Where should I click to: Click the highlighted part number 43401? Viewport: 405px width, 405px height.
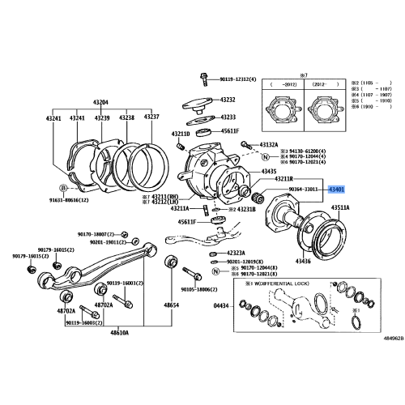(336, 190)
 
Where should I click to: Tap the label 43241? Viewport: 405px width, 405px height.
(53, 118)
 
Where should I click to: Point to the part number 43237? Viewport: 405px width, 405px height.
(151, 118)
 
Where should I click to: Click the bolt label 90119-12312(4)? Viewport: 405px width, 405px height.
(235, 79)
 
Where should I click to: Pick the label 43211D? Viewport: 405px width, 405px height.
(180, 134)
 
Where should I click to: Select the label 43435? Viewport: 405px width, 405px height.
(268, 172)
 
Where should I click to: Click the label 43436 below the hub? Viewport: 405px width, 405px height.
(304, 261)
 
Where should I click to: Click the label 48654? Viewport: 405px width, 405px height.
(171, 305)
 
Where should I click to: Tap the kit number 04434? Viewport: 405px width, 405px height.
(221, 306)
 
